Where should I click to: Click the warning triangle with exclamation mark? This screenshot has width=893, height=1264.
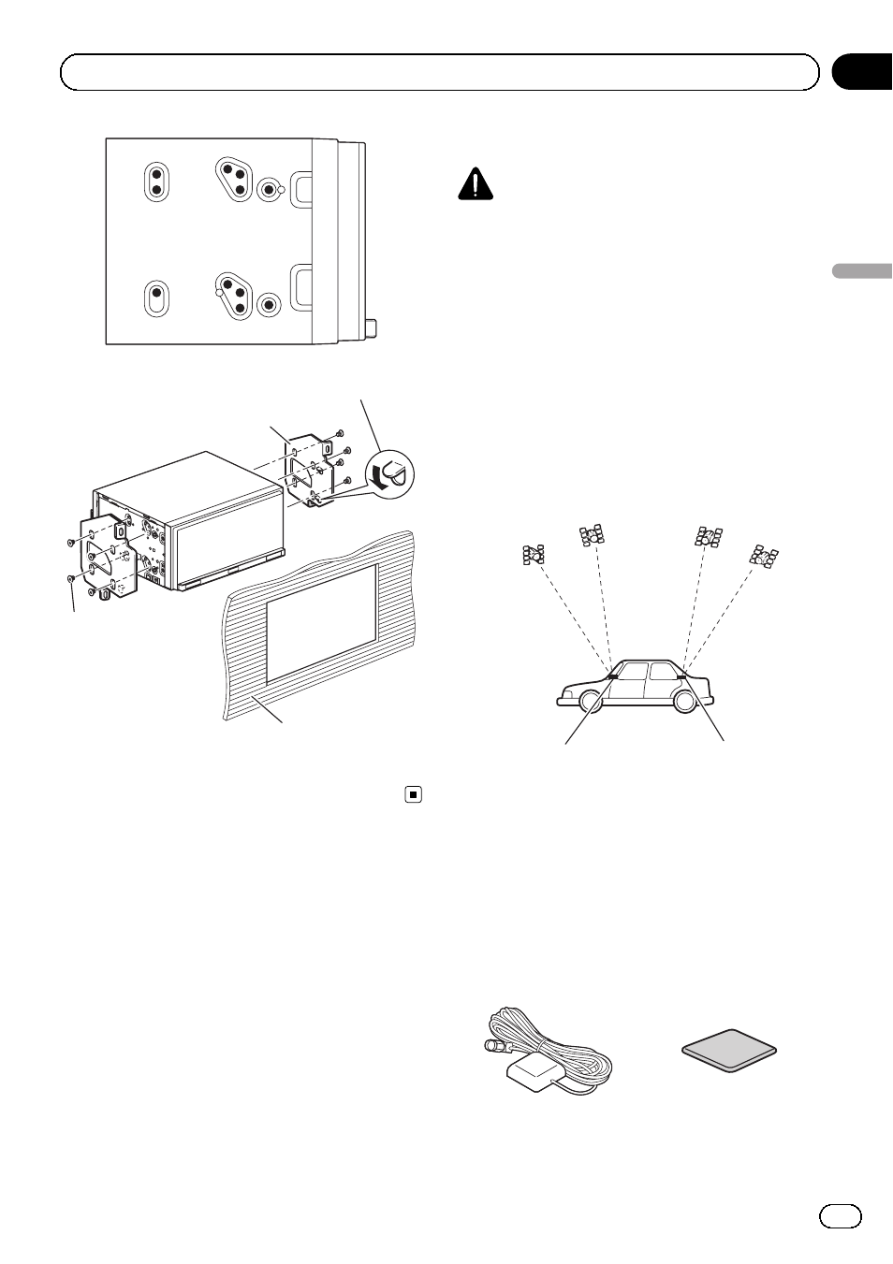pyautogui.click(x=476, y=184)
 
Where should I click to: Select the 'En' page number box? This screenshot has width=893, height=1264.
pyautogui.click(x=840, y=1214)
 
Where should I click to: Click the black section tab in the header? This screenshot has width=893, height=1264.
pyautogui.click(x=861, y=72)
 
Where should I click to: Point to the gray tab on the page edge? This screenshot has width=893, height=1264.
pyautogui.click(x=861, y=272)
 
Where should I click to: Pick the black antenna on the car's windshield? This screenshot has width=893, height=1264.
pyautogui.click(x=611, y=675)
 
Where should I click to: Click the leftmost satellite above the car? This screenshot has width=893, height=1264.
pyautogui.click(x=534, y=554)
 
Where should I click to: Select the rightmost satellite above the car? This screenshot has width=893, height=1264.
pyautogui.click(x=764, y=557)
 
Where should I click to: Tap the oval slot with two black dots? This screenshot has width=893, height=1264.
pyautogui.click(x=157, y=181)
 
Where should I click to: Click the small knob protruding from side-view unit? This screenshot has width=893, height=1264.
pyautogui.click(x=372, y=328)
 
